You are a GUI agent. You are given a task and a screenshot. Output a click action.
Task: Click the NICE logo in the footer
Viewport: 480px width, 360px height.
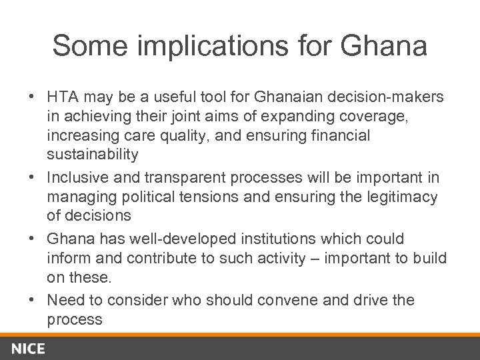click(x=27, y=347)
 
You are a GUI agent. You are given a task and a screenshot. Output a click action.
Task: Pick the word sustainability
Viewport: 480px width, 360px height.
click(x=93, y=155)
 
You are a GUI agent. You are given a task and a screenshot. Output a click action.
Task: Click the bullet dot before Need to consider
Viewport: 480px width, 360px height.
click(x=32, y=300)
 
